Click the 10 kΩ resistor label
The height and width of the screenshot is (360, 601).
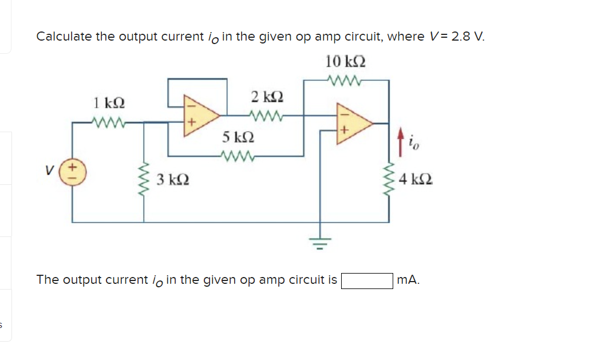pos(346,61)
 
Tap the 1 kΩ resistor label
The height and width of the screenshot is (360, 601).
pos(109,104)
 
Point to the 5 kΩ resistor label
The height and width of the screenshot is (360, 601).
pos(237,137)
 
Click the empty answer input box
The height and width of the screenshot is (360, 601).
pos(367,280)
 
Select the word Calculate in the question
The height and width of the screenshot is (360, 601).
pos(64,37)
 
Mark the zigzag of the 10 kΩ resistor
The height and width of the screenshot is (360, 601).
pos(346,80)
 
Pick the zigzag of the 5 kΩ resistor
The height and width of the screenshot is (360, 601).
pos(236,155)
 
